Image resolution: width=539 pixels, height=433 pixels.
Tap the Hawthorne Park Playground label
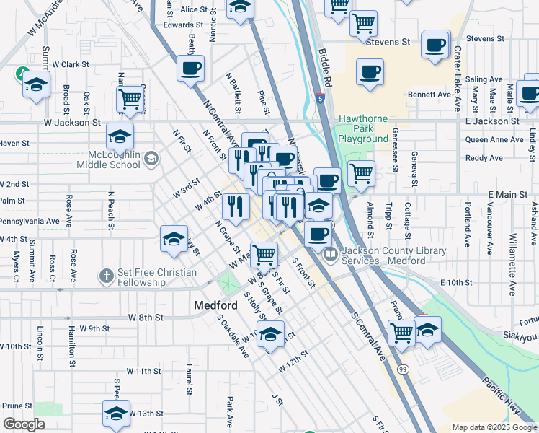(x=363, y=128)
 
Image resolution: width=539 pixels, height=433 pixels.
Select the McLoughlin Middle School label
(x=104, y=159)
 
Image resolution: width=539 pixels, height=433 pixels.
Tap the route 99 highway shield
(x=402, y=369)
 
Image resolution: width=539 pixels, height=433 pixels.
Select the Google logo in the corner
(x=24, y=424)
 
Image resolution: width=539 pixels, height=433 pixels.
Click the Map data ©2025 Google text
(x=494, y=427)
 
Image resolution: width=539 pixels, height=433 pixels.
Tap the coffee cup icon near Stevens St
(x=436, y=45)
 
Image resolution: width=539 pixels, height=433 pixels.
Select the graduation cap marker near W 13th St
(x=116, y=414)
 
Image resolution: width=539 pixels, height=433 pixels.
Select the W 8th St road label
(x=146, y=317)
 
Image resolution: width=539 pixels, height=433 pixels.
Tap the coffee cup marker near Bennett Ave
(x=370, y=73)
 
